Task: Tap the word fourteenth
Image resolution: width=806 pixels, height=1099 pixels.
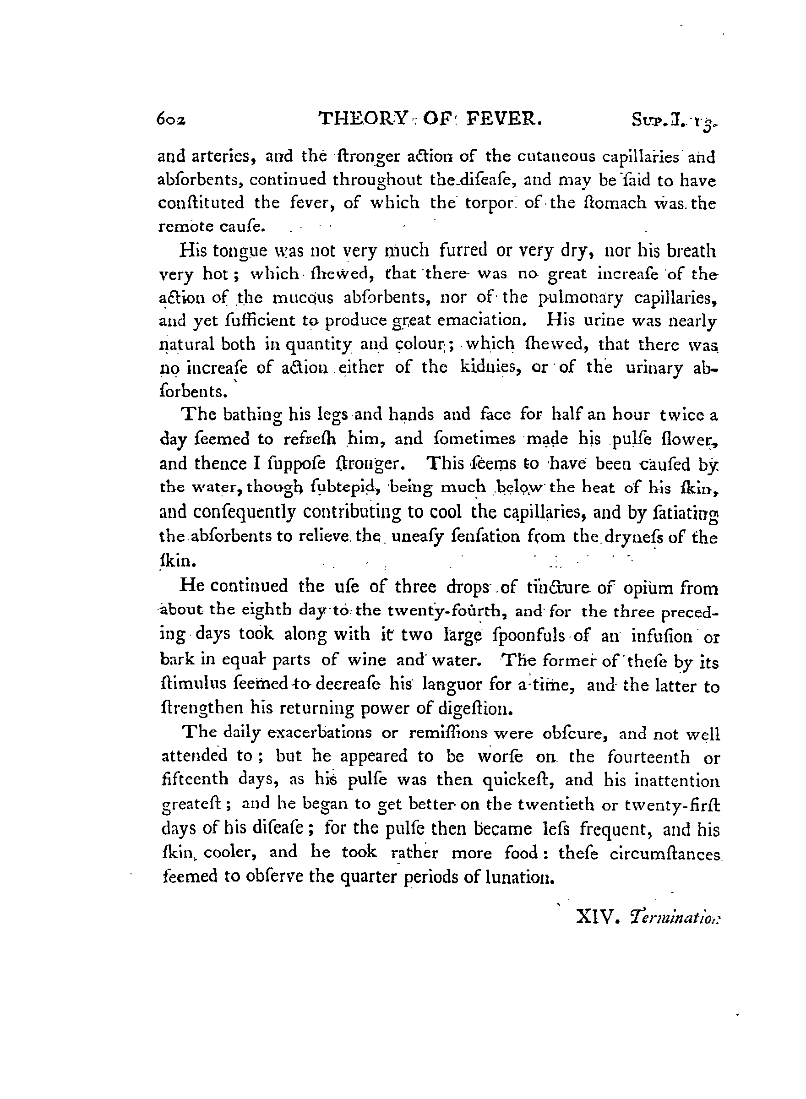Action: [648, 756]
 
